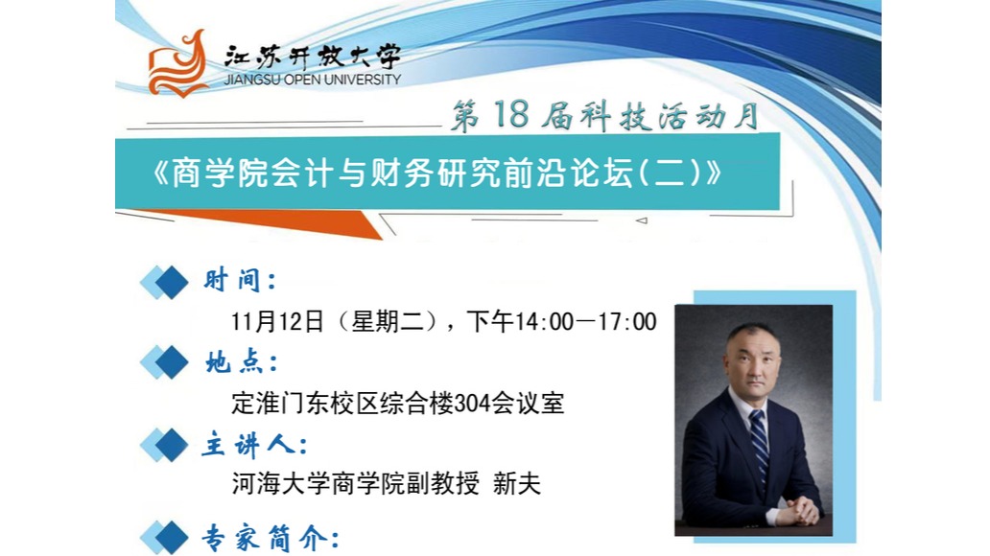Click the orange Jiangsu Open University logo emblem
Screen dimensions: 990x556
pos(178,64)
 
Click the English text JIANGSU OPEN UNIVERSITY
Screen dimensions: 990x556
pos(313,80)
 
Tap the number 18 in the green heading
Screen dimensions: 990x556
pos(510,114)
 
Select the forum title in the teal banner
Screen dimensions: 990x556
pos(436,173)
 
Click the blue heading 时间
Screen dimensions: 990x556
pos(240,280)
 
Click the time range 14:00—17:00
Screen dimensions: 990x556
pos(586,322)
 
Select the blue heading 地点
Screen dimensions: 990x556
pos(241,362)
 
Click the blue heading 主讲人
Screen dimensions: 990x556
pos(255,446)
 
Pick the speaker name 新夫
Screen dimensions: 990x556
pos(517,484)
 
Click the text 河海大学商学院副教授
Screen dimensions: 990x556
pos(356,484)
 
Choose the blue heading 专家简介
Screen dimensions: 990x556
pos(271,539)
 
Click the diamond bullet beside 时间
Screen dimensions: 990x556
pos(165,282)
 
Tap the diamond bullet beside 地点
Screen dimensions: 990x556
pos(165,363)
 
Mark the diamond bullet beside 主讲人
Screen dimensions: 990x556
pos(165,445)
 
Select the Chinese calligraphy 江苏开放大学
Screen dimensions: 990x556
pos(313,57)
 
